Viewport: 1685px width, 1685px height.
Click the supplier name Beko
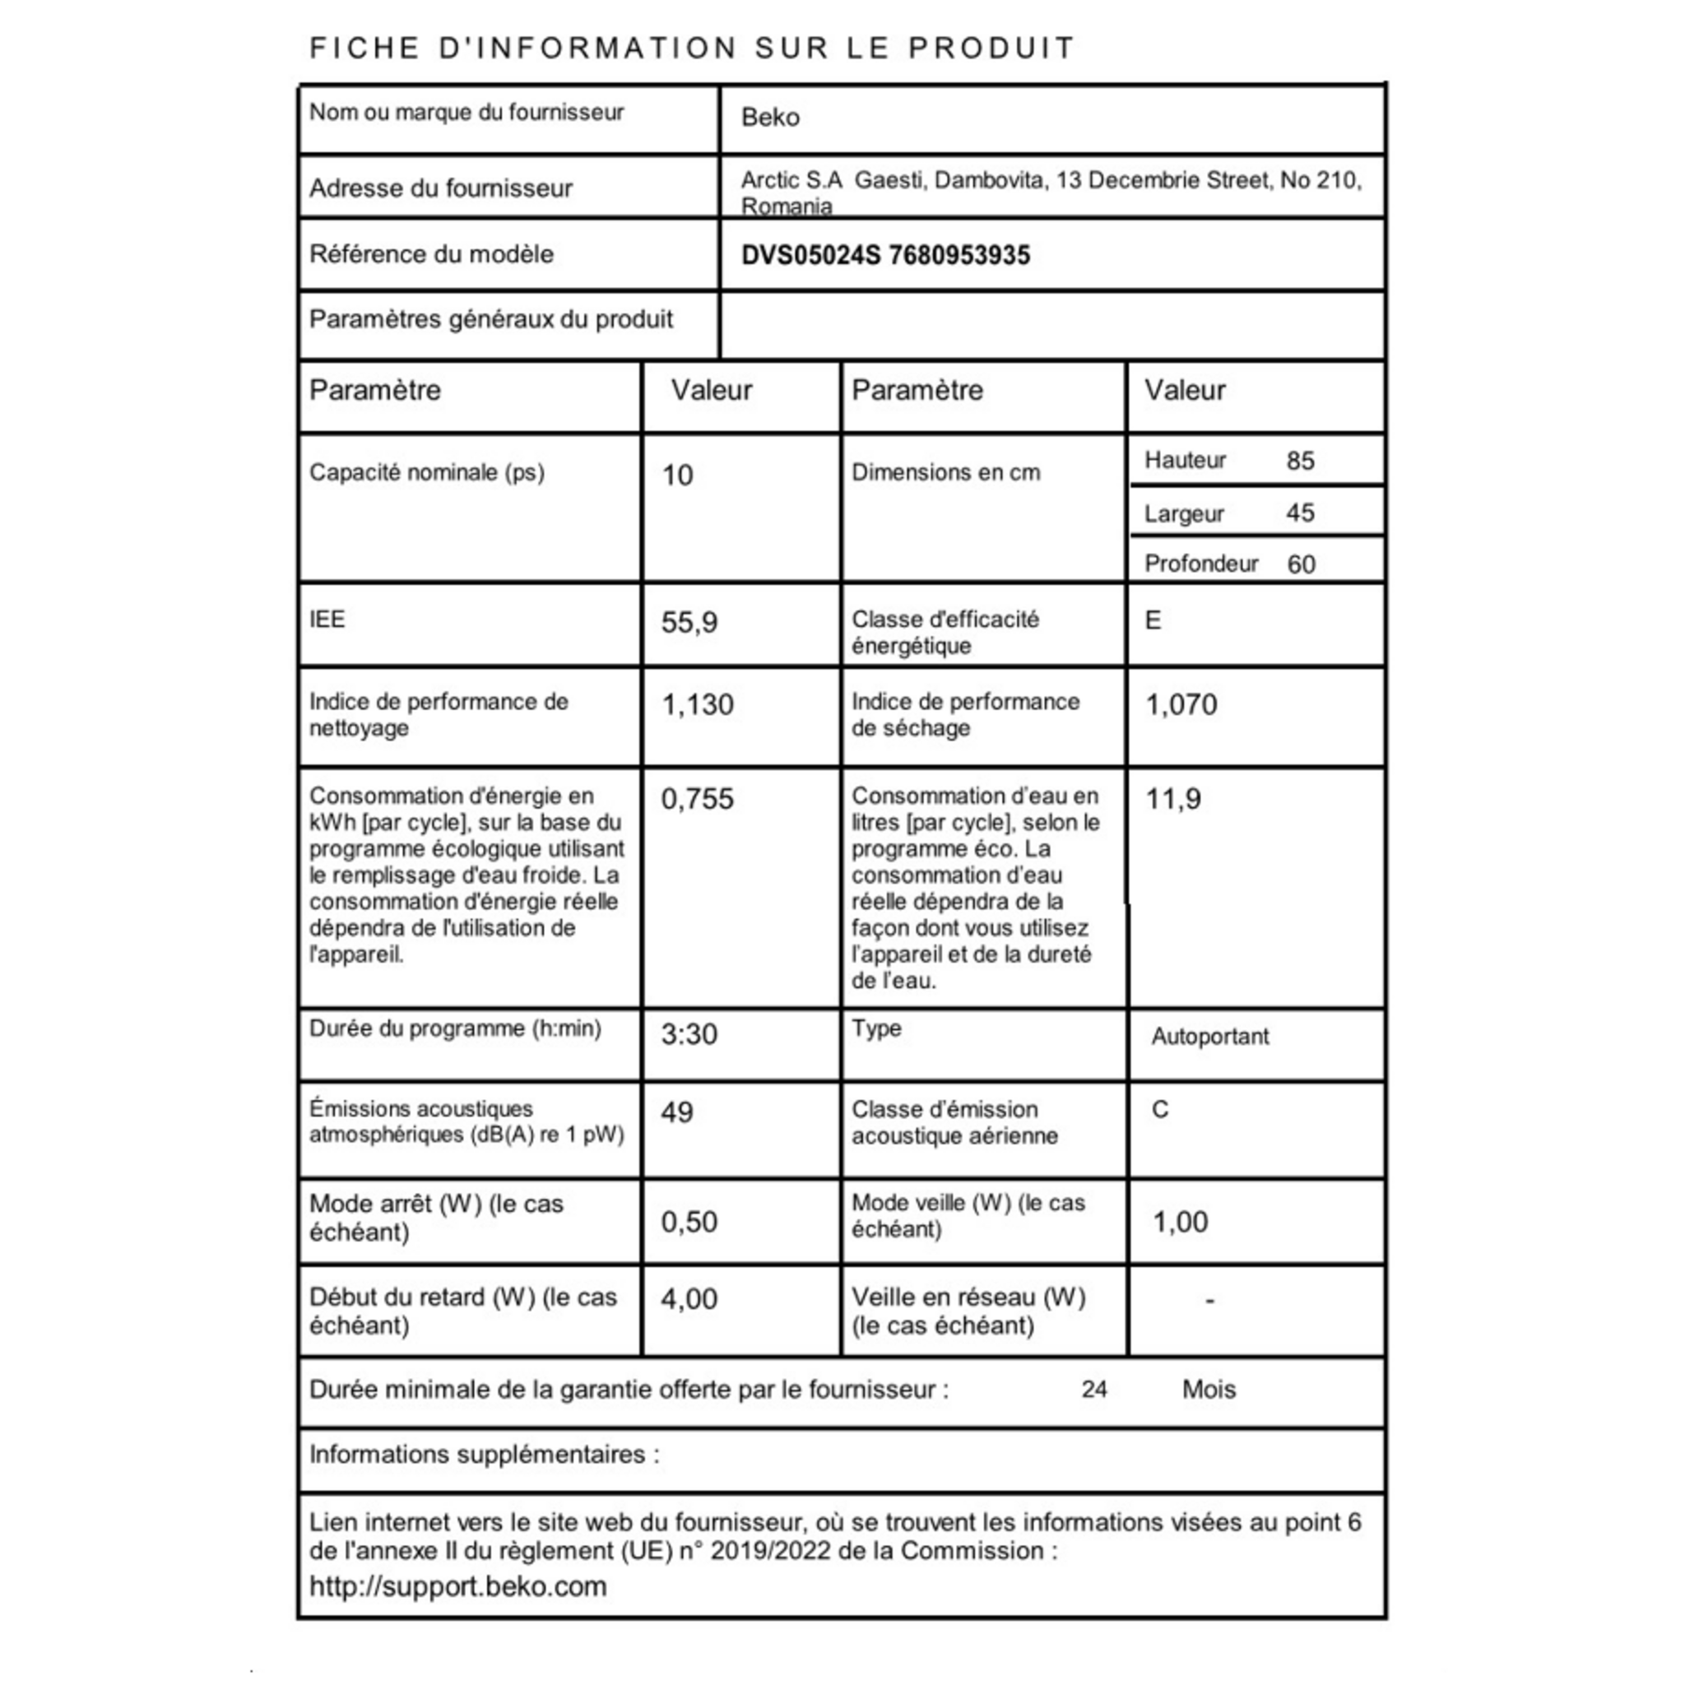769,118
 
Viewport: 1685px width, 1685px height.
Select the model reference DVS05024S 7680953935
885,256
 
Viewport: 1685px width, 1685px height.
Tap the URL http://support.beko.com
458,1586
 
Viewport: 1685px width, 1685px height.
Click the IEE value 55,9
689,623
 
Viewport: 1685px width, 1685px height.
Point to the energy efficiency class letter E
1152,621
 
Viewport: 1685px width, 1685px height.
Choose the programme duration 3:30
689,1034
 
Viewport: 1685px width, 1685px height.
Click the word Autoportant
1209,1037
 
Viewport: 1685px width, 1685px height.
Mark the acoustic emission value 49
677,1113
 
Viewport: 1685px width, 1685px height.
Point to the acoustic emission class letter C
1160,1110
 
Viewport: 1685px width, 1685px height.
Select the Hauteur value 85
1299,462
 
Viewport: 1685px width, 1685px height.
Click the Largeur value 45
1299,513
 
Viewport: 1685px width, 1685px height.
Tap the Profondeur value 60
1301,565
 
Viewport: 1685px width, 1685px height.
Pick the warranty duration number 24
1093,1390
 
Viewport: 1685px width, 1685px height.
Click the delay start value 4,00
689,1299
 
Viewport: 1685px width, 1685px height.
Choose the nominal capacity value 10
677,476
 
